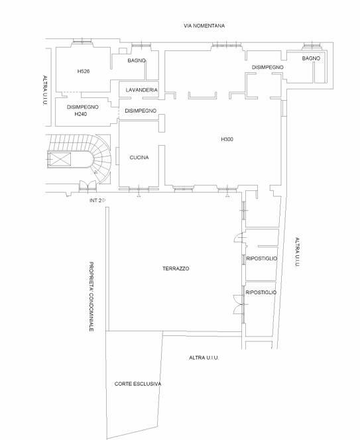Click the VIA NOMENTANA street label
(204, 26)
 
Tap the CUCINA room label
(139, 158)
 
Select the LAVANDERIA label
(141, 90)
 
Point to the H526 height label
(84, 72)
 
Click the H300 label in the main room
(227, 139)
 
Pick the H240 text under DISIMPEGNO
(81, 114)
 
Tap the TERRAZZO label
(176, 268)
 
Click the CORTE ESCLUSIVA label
(138, 384)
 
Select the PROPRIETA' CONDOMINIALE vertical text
(91, 297)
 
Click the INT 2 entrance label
(95, 201)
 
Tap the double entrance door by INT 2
(88, 186)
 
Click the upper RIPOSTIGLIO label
(262, 258)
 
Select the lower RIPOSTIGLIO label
(261, 293)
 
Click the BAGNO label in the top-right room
(311, 58)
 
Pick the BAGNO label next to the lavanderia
(137, 60)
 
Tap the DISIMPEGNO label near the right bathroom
(268, 68)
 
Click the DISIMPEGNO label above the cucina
(141, 111)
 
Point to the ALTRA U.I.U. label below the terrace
(204, 358)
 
